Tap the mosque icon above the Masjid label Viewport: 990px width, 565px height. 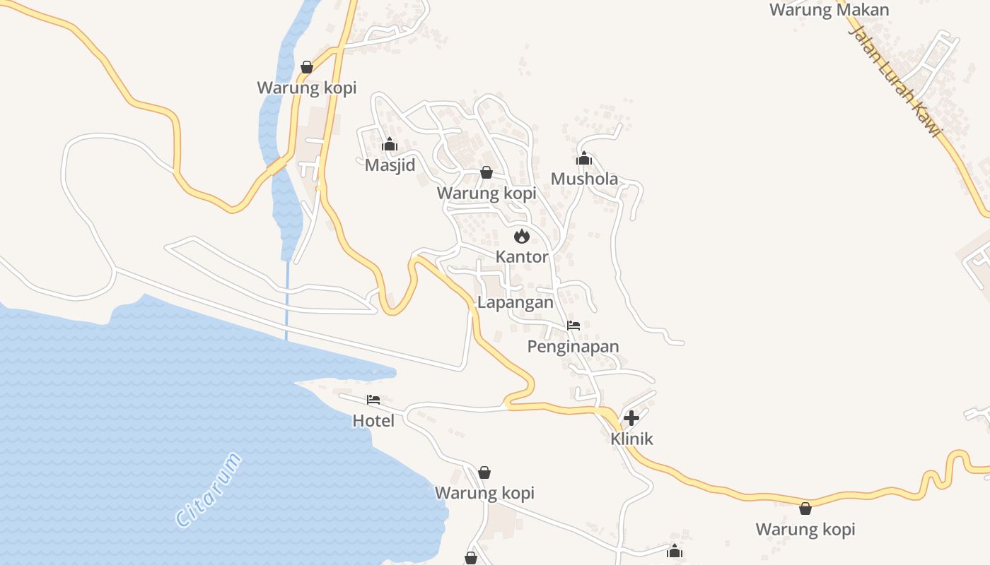point(389,145)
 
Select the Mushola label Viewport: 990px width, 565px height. point(584,179)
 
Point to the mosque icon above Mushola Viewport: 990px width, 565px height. point(583,158)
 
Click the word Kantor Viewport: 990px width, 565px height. point(522,256)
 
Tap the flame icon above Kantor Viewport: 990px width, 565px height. point(522,236)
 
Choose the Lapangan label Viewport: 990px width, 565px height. point(516,302)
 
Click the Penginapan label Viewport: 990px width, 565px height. point(573,346)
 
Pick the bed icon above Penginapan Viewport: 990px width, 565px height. point(573,326)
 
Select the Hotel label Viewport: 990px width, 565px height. point(373,421)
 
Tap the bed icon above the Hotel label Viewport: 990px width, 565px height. point(373,400)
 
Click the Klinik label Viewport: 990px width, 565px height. point(631,439)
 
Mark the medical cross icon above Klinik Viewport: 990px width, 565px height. point(631,417)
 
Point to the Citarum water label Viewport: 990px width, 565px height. point(209,490)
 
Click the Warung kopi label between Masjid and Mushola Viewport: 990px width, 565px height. point(487,193)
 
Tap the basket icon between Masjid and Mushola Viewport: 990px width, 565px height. point(487,172)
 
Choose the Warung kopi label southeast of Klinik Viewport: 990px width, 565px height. point(805,529)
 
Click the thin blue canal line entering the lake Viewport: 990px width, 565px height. point(286,304)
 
